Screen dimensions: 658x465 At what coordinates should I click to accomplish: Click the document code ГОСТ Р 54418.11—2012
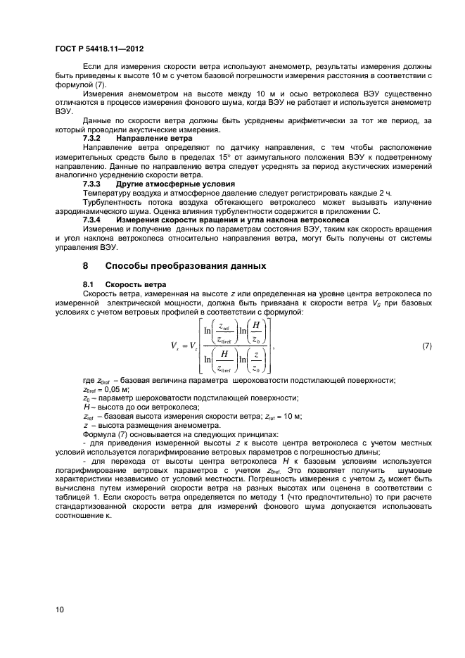pyautogui.click(x=98, y=49)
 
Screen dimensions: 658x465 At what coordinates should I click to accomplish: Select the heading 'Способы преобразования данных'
pyautogui.click(x=186, y=266)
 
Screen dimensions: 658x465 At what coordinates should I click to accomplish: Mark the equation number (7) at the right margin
pyautogui.click(x=426, y=347)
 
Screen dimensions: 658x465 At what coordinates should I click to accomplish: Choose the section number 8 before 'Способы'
pyautogui.click(x=86, y=266)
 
